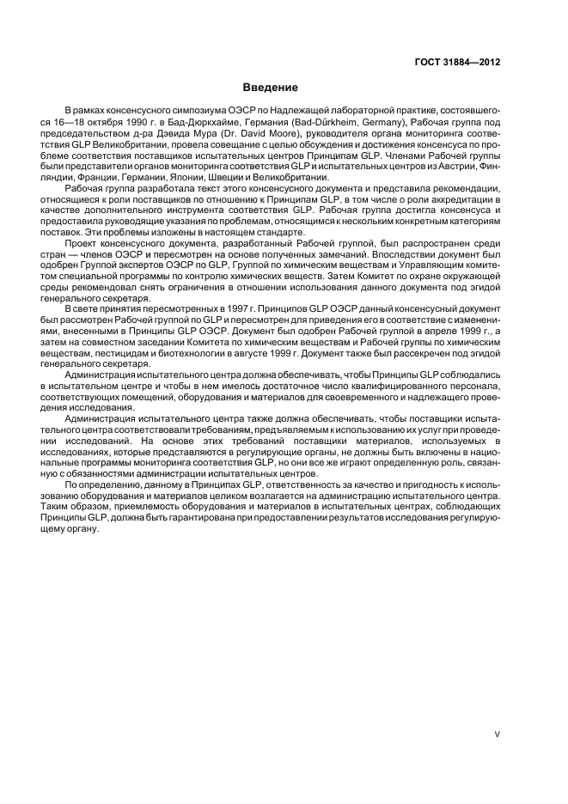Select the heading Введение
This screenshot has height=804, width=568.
tap(270, 88)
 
